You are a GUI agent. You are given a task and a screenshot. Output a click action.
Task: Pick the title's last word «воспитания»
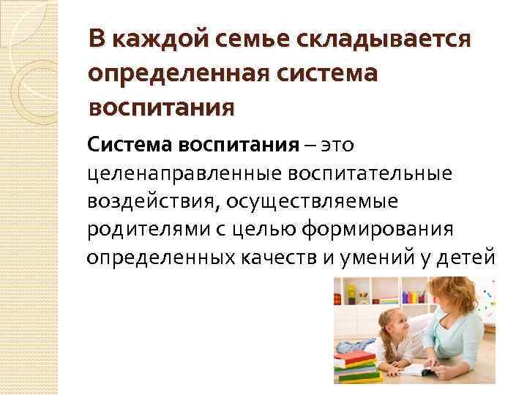161,108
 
